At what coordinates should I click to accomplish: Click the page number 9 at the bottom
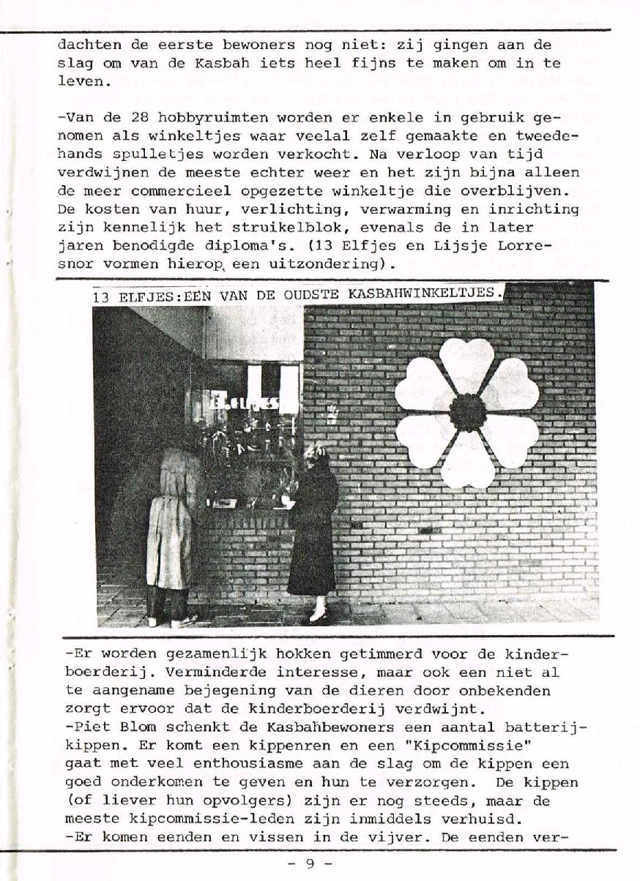[309, 863]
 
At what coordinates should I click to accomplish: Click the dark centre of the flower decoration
[468, 413]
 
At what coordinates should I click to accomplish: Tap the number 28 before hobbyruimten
[140, 116]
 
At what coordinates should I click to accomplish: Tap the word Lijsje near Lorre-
[469, 245]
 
